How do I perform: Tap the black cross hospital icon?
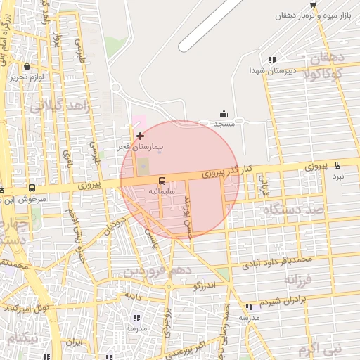(140, 135)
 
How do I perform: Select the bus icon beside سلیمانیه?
(162, 181)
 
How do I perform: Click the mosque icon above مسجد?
(224, 114)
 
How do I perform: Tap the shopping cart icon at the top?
(313, 5)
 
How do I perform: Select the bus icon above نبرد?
(338, 165)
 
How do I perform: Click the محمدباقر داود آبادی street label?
(277, 262)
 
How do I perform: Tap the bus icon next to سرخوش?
(32, 188)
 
